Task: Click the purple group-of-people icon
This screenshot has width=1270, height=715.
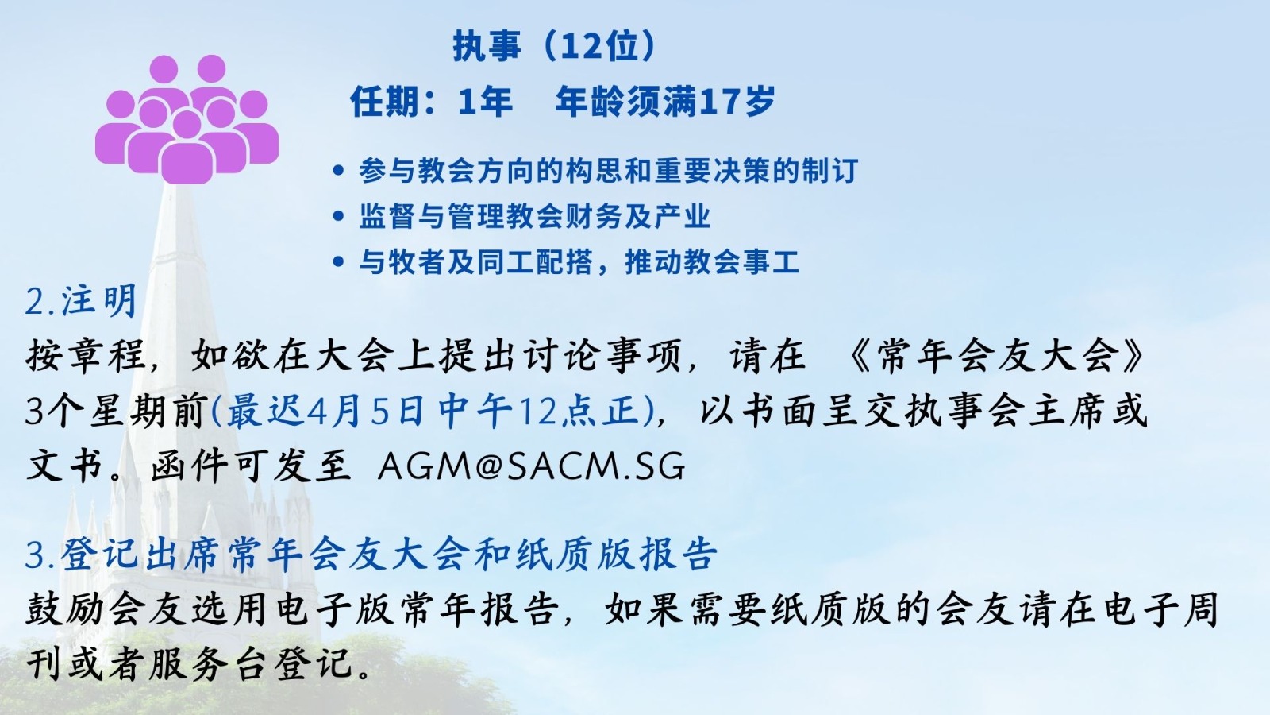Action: click(187, 119)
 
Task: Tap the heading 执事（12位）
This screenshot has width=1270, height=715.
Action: click(555, 46)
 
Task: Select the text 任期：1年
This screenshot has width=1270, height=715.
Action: click(432, 102)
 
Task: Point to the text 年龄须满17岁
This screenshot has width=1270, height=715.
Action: click(665, 102)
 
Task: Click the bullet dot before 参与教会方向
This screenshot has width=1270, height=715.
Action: click(338, 170)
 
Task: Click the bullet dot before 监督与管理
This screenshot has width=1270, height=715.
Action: click(338, 216)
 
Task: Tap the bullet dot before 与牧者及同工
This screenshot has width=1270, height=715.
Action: click(338, 261)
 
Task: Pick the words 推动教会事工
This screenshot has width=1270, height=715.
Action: click(712, 261)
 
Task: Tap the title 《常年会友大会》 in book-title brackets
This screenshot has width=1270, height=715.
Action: click(995, 357)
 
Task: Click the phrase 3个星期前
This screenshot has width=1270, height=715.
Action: click(114, 412)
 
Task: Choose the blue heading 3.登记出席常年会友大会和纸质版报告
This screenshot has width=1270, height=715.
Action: click(372, 553)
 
